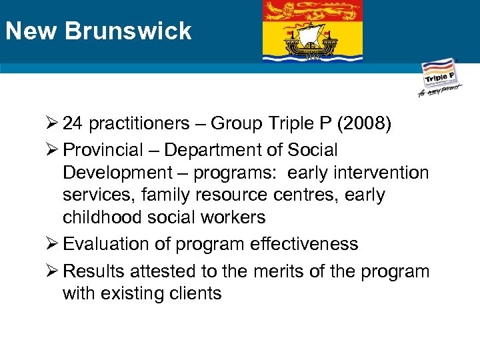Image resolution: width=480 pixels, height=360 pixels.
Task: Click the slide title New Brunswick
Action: [98, 31]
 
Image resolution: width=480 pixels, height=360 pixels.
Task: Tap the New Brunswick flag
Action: [312, 31]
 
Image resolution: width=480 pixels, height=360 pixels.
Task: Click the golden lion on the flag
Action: [312, 10]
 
